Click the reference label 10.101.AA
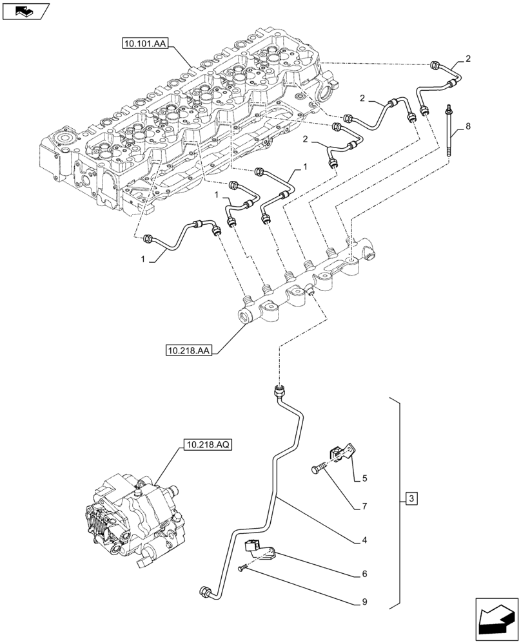pos(144,44)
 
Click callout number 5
pos(364,478)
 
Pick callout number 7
pos(364,507)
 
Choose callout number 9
pos(364,603)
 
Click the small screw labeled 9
pos(241,567)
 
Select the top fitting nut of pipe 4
pos(280,390)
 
